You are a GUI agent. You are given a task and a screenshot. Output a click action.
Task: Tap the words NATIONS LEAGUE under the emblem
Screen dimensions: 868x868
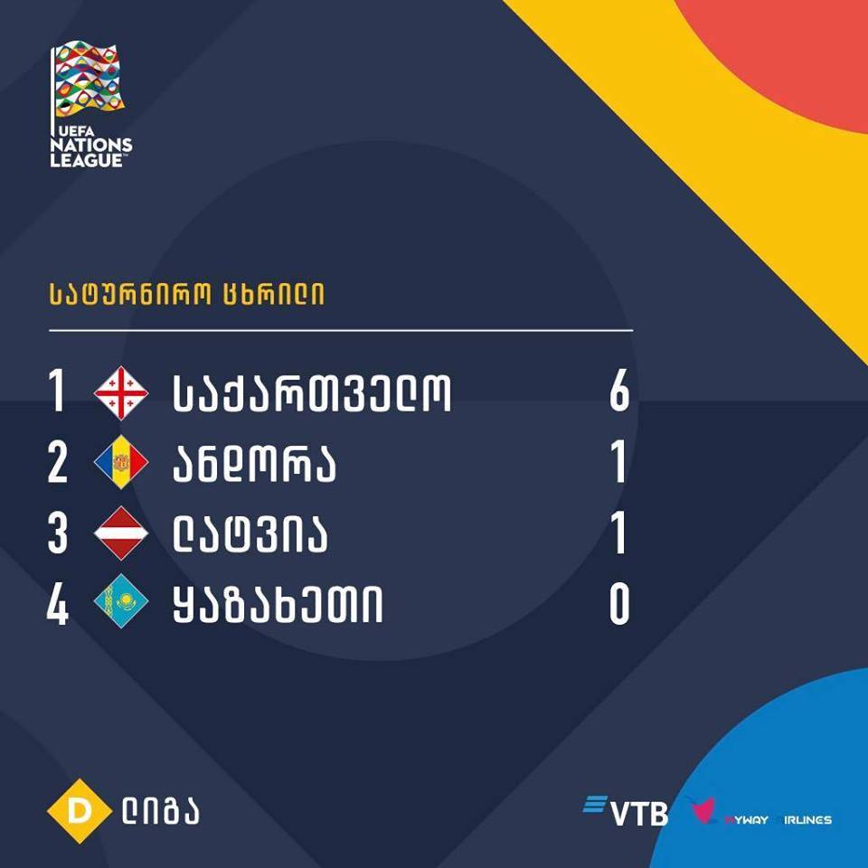click(x=91, y=152)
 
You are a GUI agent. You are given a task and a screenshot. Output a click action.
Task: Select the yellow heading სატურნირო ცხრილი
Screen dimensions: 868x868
click(x=186, y=294)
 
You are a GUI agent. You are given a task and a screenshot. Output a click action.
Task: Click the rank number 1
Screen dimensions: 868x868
click(x=56, y=391)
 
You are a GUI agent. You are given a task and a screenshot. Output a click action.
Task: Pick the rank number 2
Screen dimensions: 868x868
click(x=58, y=462)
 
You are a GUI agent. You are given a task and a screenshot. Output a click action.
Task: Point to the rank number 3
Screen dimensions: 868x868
click(x=58, y=533)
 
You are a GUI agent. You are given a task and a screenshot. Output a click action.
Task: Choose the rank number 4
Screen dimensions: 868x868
click(x=58, y=604)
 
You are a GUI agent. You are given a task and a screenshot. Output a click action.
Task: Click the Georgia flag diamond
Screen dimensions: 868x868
click(x=121, y=393)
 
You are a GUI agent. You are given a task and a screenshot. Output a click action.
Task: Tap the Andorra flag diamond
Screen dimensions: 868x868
click(x=121, y=462)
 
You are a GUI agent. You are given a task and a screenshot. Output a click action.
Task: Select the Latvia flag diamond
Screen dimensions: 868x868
click(x=121, y=533)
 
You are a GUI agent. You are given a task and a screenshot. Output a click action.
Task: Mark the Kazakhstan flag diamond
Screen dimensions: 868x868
click(x=121, y=602)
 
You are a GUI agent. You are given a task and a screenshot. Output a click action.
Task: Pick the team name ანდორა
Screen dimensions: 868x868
click(x=255, y=463)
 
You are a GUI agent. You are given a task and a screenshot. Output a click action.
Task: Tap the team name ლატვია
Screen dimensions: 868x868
click(x=250, y=533)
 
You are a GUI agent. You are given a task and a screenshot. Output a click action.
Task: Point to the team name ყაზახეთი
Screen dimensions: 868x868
click(x=278, y=604)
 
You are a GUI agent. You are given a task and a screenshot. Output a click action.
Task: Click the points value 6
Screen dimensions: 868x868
click(x=619, y=391)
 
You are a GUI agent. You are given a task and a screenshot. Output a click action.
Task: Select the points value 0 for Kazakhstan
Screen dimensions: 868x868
click(x=619, y=604)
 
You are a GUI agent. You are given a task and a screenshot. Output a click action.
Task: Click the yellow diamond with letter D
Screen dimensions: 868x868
click(x=80, y=811)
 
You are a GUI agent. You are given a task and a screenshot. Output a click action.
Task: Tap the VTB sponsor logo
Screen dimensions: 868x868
click(x=626, y=811)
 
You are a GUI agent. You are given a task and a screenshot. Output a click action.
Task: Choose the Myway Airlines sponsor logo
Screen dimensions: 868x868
click(x=759, y=812)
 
